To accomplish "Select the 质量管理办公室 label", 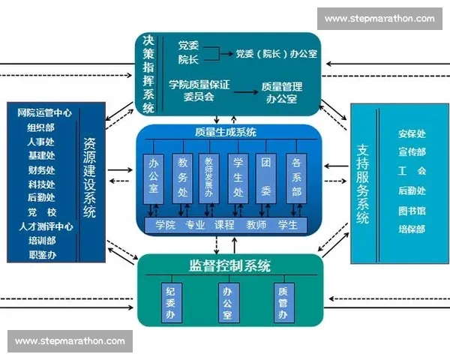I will click(280, 92).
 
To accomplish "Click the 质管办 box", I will click(283, 303).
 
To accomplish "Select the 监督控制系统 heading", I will click(230, 266).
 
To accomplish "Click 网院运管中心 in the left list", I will click(44, 113).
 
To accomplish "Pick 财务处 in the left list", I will click(41, 169).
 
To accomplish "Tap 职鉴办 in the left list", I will click(43, 255).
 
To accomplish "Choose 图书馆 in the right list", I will click(412, 210).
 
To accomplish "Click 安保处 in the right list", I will click(412, 133).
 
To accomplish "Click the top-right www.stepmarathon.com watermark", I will click(379, 19).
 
